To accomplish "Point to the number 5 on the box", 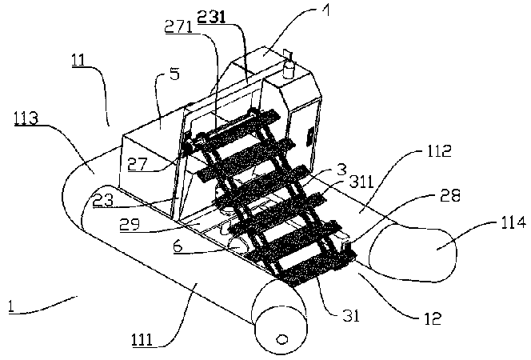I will coord(174,74).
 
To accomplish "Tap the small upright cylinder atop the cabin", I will coord(289,58).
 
